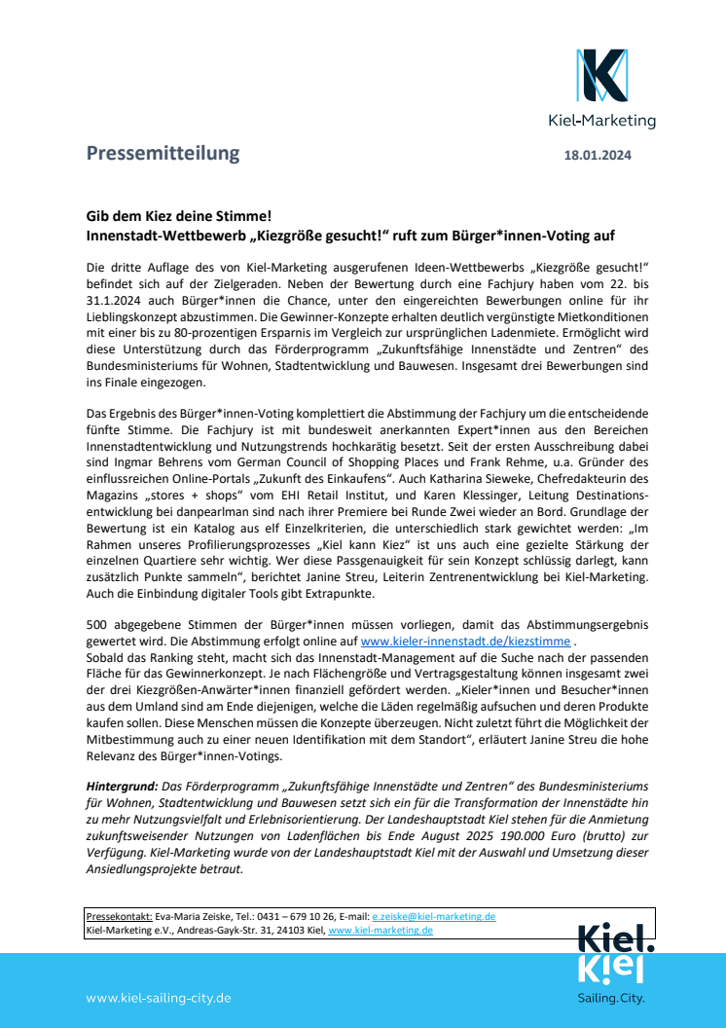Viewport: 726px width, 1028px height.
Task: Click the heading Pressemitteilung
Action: (162, 153)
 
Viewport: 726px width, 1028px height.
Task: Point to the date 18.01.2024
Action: (599, 155)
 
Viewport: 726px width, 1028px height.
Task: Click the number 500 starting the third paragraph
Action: (98, 624)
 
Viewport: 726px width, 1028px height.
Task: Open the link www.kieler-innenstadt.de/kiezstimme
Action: (466, 642)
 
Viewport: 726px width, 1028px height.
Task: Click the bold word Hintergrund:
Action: (122, 785)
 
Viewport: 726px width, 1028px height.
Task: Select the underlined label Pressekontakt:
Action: (120, 916)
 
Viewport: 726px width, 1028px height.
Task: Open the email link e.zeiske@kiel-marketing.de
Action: (434, 916)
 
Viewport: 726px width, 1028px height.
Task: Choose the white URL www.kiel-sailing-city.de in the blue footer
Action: (158, 998)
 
